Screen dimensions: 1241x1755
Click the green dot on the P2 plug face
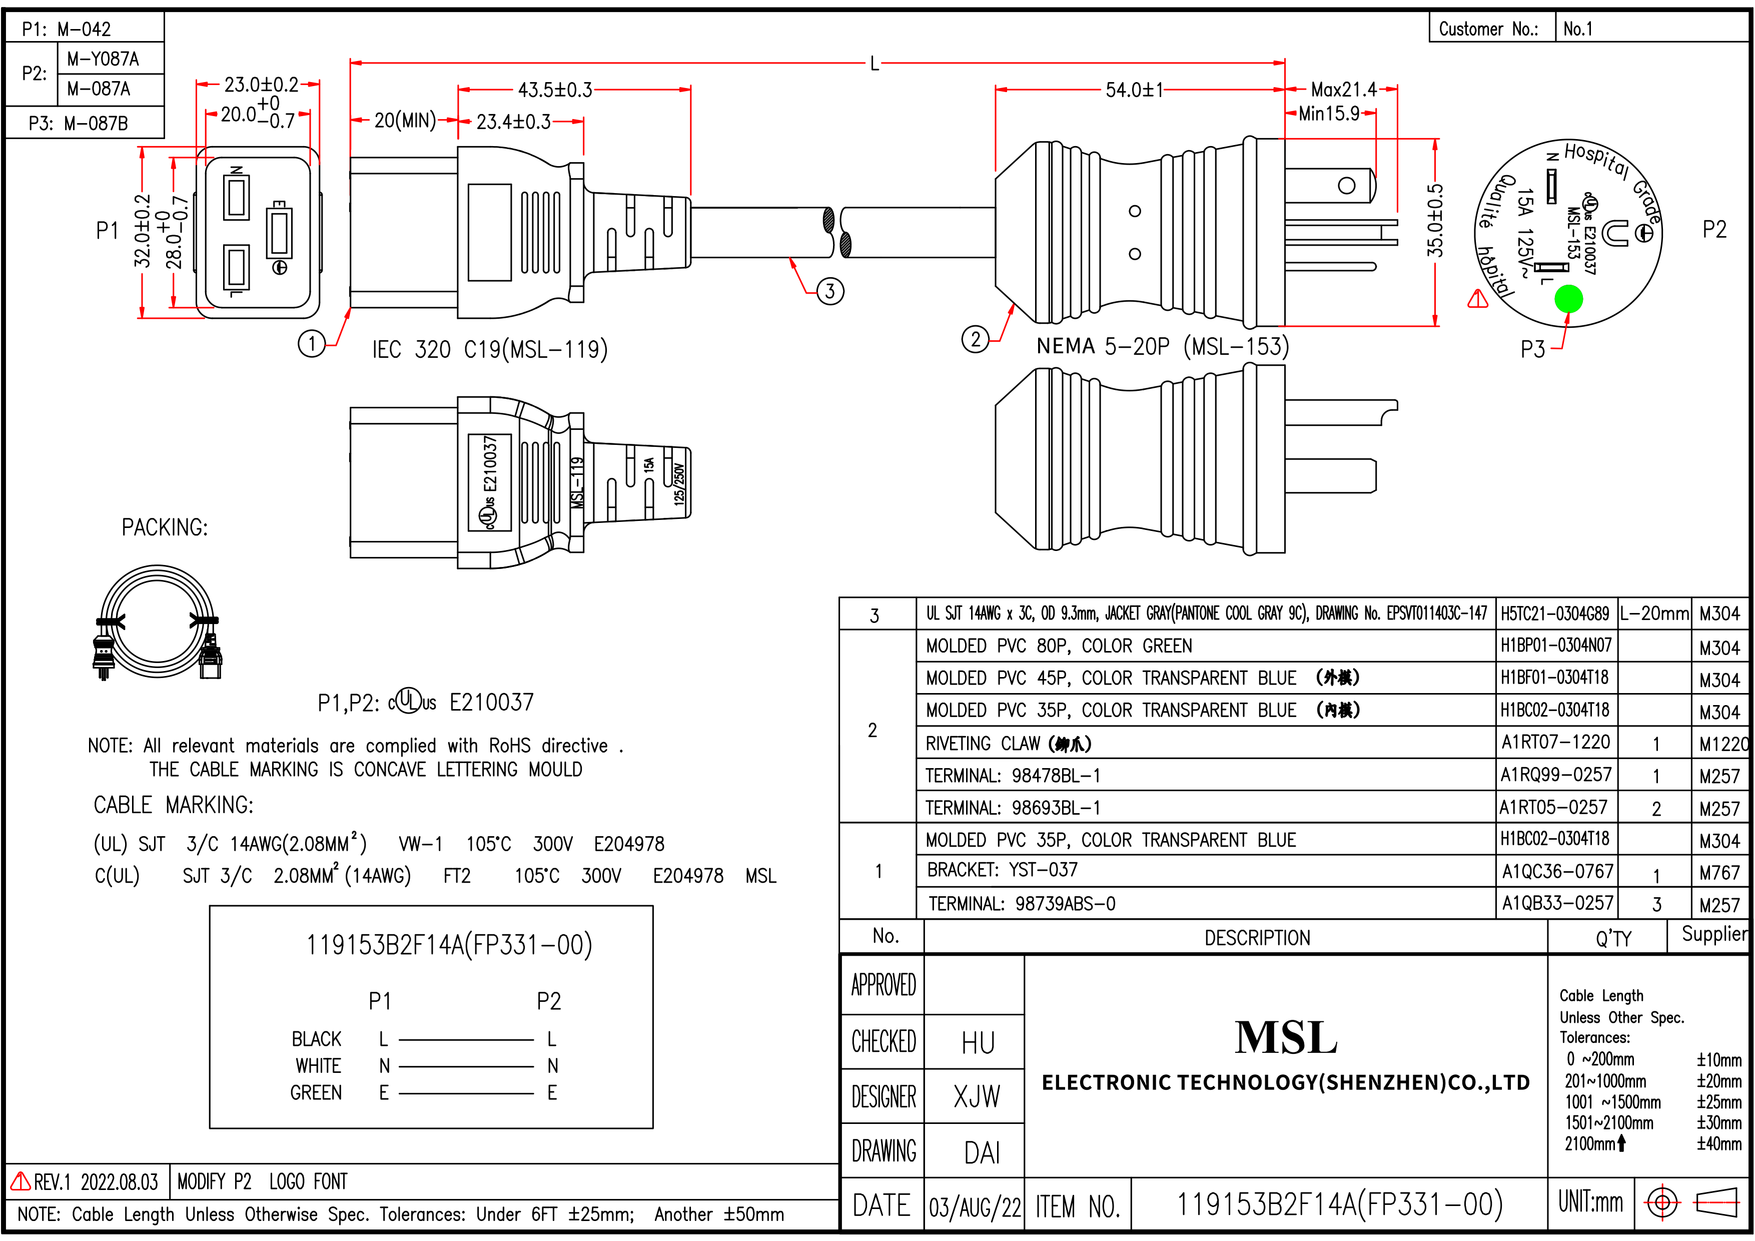coord(1568,299)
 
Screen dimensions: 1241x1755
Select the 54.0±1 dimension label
coord(1134,90)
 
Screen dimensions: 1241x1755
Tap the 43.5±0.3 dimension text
coord(555,90)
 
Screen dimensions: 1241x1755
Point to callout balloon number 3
coord(830,291)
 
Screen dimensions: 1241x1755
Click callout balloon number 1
coord(311,343)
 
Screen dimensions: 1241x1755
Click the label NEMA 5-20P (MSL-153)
coord(1162,346)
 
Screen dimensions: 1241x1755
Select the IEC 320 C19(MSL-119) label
coord(489,349)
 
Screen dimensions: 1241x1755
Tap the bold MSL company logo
coord(1286,1038)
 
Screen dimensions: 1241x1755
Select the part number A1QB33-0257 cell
coord(1557,903)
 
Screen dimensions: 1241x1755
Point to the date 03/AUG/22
coord(975,1206)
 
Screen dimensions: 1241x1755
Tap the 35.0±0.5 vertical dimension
coord(1435,221)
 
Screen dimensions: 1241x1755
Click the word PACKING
coord(164,527)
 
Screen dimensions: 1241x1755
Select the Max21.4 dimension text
coord(1343,90)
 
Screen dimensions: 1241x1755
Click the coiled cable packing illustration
coord(158,623)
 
